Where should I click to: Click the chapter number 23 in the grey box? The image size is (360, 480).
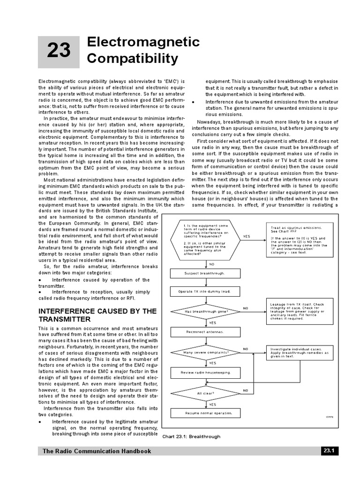click(x=59, y=51)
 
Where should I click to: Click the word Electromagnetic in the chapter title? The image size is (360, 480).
click(x=143, y=42)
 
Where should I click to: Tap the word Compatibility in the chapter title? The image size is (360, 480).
click(x=132, y=59)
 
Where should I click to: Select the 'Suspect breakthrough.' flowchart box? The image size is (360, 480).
click(x=205, y=273)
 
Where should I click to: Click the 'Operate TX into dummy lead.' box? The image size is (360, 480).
click(x=205, y=292)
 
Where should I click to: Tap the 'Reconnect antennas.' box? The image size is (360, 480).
click(x=205, y=332)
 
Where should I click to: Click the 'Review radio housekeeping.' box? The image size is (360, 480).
click(x=205, y=373)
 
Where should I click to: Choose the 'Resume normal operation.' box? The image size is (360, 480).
click(x=205, y=413)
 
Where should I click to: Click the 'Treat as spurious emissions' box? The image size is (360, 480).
click(x=300, y=239)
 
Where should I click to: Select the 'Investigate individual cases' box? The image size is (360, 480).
click(x=300, y=352)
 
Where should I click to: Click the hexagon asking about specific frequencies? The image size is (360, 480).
click(x=205, y=240)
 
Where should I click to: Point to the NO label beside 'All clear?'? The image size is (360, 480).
click(x=245, y=390)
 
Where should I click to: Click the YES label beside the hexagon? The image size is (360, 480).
click(x=247, y=236)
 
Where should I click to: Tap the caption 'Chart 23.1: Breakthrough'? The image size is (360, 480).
click(x=191, y=436)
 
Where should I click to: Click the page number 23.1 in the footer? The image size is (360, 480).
click(x=328, y=451)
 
